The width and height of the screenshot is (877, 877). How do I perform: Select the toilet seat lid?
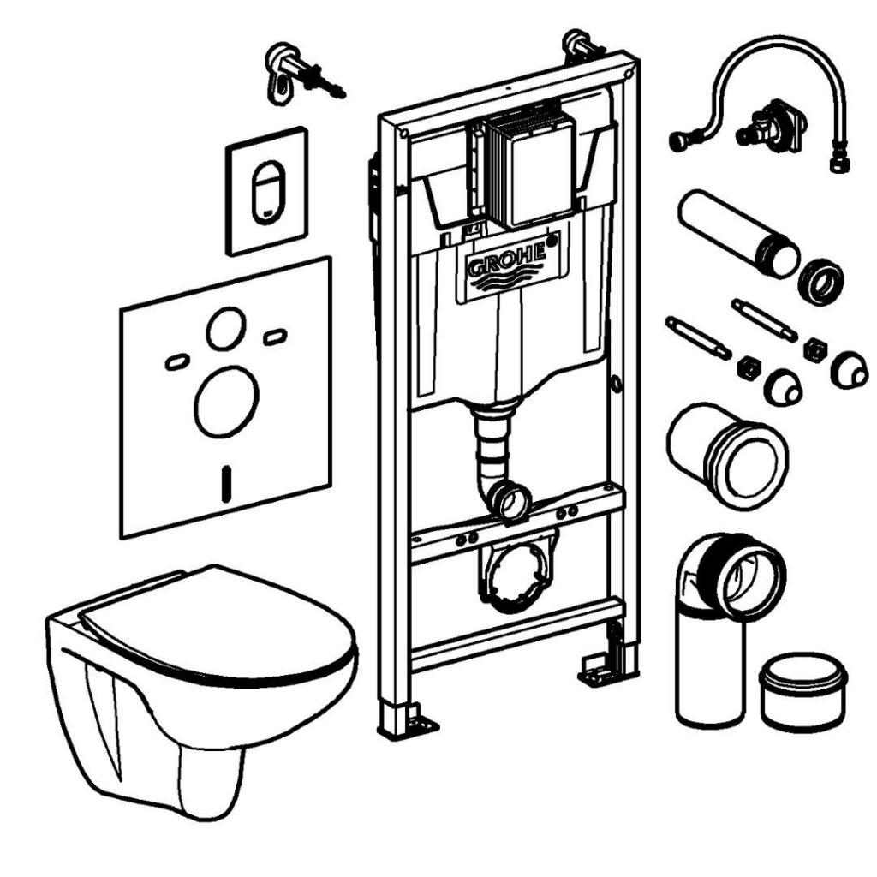coord(218,625)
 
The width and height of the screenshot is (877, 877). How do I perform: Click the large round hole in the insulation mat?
coord(226,402)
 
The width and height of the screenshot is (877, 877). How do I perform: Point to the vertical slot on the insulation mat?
coord(226,484)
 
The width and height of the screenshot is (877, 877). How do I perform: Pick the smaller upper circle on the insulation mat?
coord(226,329)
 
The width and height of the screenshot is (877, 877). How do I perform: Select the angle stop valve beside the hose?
coord(772,128)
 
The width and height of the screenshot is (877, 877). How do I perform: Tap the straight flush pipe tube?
coord(738,233)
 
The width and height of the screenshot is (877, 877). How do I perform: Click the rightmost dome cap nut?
coord(849,369)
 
